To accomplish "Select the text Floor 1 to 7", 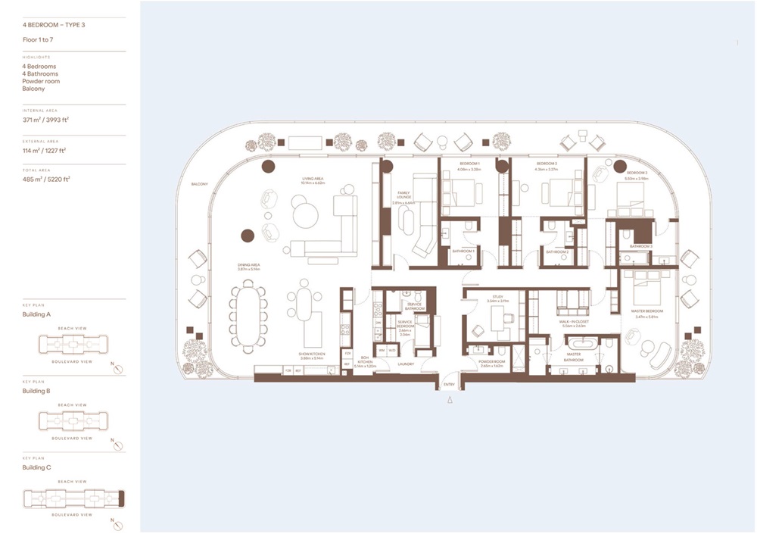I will click(x=38, y=39).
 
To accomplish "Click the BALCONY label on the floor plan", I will click(x=200, y=184).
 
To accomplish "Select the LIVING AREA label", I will click(x=313, y=180).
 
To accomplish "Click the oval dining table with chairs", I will click(x=248, y=311).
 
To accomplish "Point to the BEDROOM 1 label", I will click(x=469, y=164).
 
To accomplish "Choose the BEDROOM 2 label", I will click(x=547, y=164).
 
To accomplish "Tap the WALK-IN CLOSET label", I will click(x=575, y=322).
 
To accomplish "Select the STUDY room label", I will click(x=497, y=298).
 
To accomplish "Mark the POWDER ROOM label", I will click(x=492, y=362).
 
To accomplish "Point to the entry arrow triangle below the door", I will click(x=450, y=402).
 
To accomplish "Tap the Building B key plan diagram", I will click(x=72, y=421).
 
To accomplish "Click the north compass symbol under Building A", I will click(x=117, y=370).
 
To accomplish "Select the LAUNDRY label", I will click(x=406, y=363).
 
